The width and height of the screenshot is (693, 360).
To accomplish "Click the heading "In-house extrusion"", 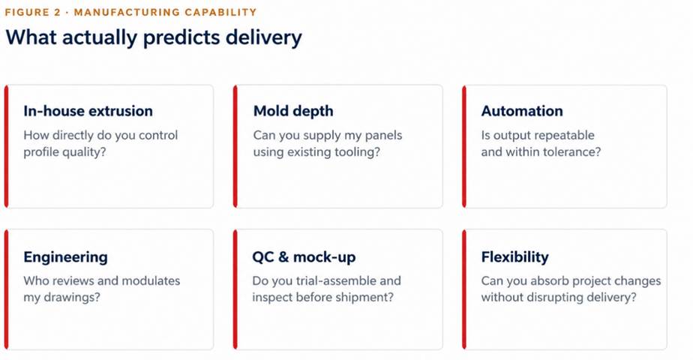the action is coord(88,111).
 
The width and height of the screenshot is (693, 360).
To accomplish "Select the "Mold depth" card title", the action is coord(293,111).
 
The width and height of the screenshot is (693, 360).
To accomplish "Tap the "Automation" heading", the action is coord(522,111).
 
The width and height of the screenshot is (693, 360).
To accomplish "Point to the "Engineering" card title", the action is coord(65,257).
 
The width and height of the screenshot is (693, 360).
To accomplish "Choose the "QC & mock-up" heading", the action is coord(304,257).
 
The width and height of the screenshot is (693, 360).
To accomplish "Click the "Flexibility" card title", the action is coord(515,257).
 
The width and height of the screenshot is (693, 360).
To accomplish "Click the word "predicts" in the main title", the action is coord(181,38).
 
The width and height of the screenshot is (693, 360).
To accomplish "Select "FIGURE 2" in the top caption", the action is coord(32,12).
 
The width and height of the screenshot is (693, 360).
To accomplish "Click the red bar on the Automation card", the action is coord(464,146).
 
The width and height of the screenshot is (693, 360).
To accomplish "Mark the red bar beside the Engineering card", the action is coord(6,289).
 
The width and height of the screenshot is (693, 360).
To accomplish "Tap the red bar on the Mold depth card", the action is coord(235,146).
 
